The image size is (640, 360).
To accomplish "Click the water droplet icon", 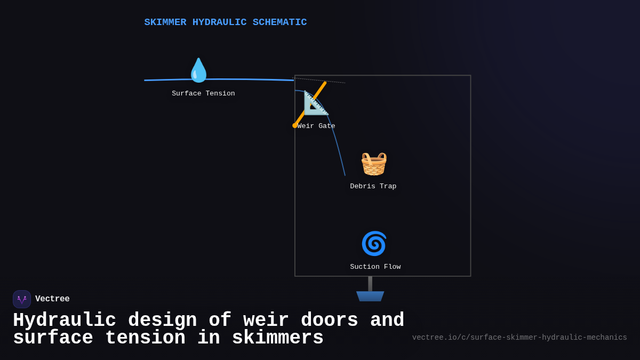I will (x=198, y=70).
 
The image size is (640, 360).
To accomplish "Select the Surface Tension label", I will (x=203, y=94).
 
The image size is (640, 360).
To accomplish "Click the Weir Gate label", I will (x=316, y=126).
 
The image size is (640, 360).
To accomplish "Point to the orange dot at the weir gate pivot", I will (x=295, y=125).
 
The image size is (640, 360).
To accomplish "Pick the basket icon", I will (x=373, y=164).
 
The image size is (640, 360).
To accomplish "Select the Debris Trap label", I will (x=373, y=187).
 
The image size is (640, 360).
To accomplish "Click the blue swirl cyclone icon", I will (x=373, y=244).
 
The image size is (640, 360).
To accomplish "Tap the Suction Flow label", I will (x=375, y=267).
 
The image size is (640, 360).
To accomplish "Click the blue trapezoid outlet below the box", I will (x=370, y=297).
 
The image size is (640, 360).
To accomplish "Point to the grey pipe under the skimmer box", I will (x=370, y=284).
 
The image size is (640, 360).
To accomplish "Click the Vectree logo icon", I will (x=22, y=299).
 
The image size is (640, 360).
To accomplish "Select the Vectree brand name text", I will (x=52, y=299).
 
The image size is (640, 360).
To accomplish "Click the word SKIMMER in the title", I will (x=165, y=22).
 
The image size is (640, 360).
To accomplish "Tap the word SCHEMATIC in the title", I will (x=279, y=22).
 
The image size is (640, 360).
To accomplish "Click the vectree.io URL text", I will (x=519, y=338).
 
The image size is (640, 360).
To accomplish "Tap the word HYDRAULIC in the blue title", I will (x=219, y=22).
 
